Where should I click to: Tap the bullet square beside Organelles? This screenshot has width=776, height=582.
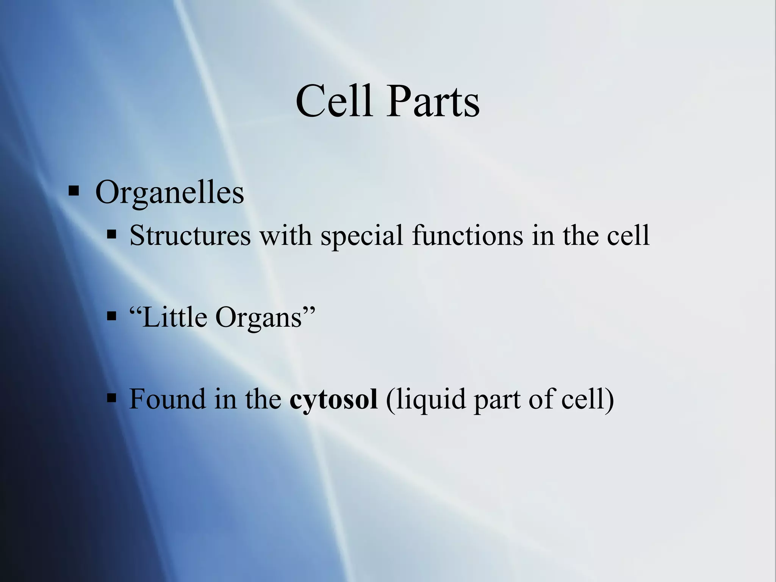click(x=74, y=190)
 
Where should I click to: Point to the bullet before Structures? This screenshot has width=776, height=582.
click(x=111, y=235)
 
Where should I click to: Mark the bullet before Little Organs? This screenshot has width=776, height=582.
click(x=111, y=316)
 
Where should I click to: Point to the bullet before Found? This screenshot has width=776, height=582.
click(x=111, y=398)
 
